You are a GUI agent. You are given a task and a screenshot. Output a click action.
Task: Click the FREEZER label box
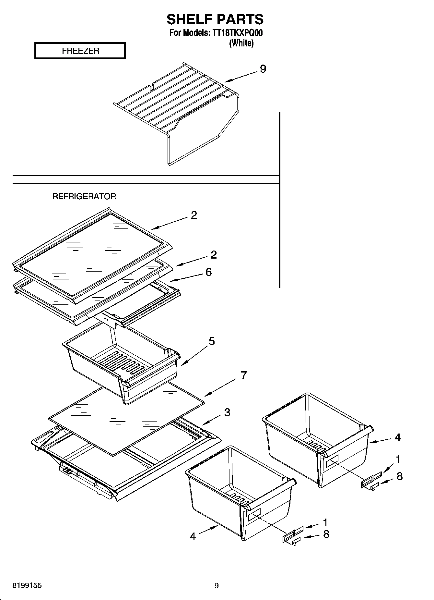click(80, 51)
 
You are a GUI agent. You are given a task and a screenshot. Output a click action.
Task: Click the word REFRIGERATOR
click(84, 196)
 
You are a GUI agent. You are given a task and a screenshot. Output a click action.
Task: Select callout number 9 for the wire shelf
click(263, 69)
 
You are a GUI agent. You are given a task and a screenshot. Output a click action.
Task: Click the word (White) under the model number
click(241, 43)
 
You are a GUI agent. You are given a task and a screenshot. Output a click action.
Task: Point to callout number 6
click(209, 272)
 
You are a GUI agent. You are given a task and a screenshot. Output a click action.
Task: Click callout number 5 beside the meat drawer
click(211, 341)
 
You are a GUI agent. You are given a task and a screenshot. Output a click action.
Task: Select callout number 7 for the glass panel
click(244, 375)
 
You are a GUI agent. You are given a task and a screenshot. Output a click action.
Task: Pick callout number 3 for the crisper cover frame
click(227, 412)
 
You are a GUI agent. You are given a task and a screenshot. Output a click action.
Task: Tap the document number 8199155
click(27, 586)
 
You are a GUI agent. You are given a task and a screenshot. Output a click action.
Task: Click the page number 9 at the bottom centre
click(217, 586)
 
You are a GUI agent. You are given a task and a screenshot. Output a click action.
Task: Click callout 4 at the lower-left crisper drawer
click(193, 537)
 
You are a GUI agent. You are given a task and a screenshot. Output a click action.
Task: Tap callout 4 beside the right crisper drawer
click(398, 438)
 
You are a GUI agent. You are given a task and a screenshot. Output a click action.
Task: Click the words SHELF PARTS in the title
click(215, 19)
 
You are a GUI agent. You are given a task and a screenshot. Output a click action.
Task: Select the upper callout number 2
click(194, 215)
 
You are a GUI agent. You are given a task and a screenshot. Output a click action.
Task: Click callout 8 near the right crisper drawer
click(399, 476)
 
